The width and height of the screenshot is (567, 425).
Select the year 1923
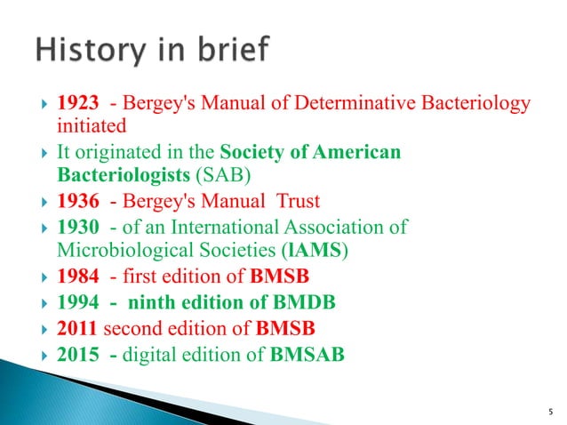click(x=77, y=105)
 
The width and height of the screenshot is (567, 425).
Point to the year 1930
click(x=77, y=227)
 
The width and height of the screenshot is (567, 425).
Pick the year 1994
click(x=77, y=298)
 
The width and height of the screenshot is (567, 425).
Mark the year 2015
click(x=77, y=353)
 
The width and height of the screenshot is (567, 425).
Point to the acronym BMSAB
click(x=308, y=353)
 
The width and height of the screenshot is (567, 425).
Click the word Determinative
click(x=333, y=105)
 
